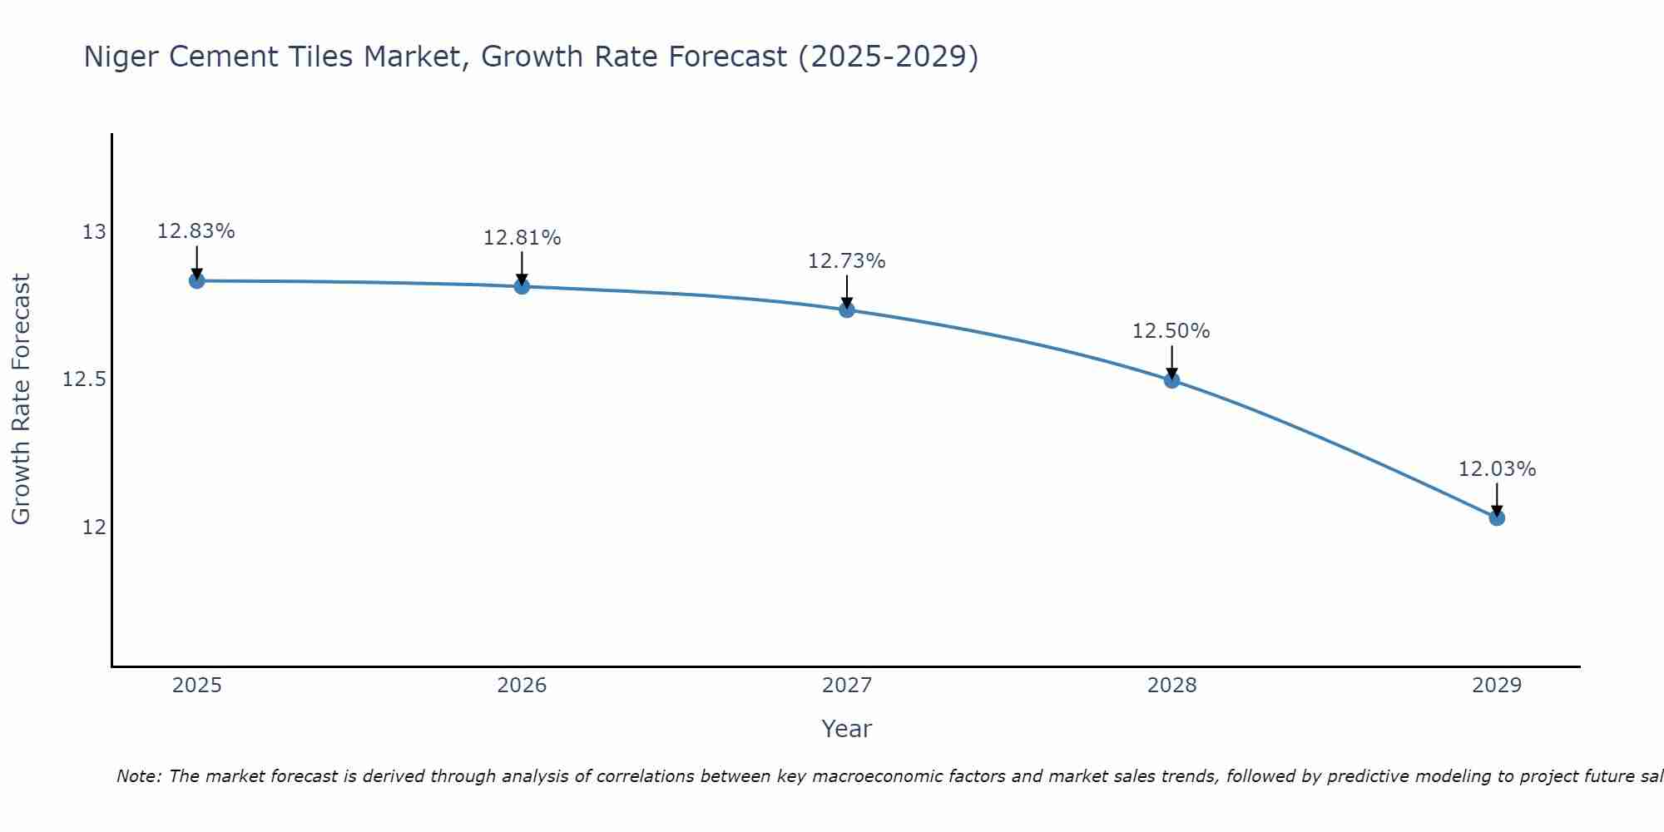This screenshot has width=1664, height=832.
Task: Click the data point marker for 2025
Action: [196, 280]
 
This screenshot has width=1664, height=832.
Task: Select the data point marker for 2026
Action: [522, 286]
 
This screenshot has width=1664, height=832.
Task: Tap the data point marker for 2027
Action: [847, 310]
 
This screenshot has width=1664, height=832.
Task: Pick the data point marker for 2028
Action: [1171, 380]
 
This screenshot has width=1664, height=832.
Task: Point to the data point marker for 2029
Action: [1497, 518]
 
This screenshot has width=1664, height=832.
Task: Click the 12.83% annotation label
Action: [196, 231]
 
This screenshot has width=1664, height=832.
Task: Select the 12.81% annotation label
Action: [522, 238]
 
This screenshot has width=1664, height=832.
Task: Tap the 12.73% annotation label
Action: [847, 261]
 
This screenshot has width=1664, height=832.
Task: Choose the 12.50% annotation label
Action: [1171, 331]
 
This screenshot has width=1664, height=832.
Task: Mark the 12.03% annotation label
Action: [1497, 469]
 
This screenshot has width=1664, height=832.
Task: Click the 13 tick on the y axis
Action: [94, 232]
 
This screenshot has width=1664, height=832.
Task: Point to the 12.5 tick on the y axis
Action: [85, 380]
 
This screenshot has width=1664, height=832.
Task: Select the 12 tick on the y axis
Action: [94, 527]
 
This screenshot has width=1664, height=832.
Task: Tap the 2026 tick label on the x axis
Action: [522, 686]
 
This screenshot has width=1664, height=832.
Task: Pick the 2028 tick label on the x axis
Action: [1171, 686]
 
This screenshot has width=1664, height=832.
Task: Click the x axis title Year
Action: [846, 729]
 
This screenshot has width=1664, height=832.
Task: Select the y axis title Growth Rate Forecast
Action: [21, 399]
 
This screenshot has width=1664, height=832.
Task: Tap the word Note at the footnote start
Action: [137, 776]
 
